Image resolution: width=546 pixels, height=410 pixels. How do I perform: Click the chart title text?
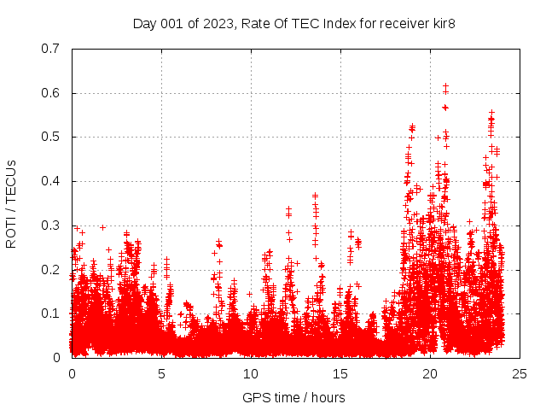click(x=293, y=23)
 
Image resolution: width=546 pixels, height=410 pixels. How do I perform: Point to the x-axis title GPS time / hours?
click(x=293, y=397)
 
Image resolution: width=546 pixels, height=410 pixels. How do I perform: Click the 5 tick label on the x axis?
click(x=161, y=374)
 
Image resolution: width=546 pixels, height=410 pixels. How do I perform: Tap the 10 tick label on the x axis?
click(x=251, y=374)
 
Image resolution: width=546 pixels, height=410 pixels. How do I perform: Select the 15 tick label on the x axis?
click(x=340, y=374)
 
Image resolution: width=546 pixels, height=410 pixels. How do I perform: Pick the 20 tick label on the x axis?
click(x=430, y=374)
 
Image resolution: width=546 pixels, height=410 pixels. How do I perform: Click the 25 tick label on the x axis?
click(x=520, y=374)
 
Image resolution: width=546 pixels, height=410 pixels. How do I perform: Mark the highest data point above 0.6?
click(x=445, y=86)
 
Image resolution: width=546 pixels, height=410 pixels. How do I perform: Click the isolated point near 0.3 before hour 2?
click(x=102, y=227)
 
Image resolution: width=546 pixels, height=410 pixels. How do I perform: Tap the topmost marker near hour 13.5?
click(x=315, y=196)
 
